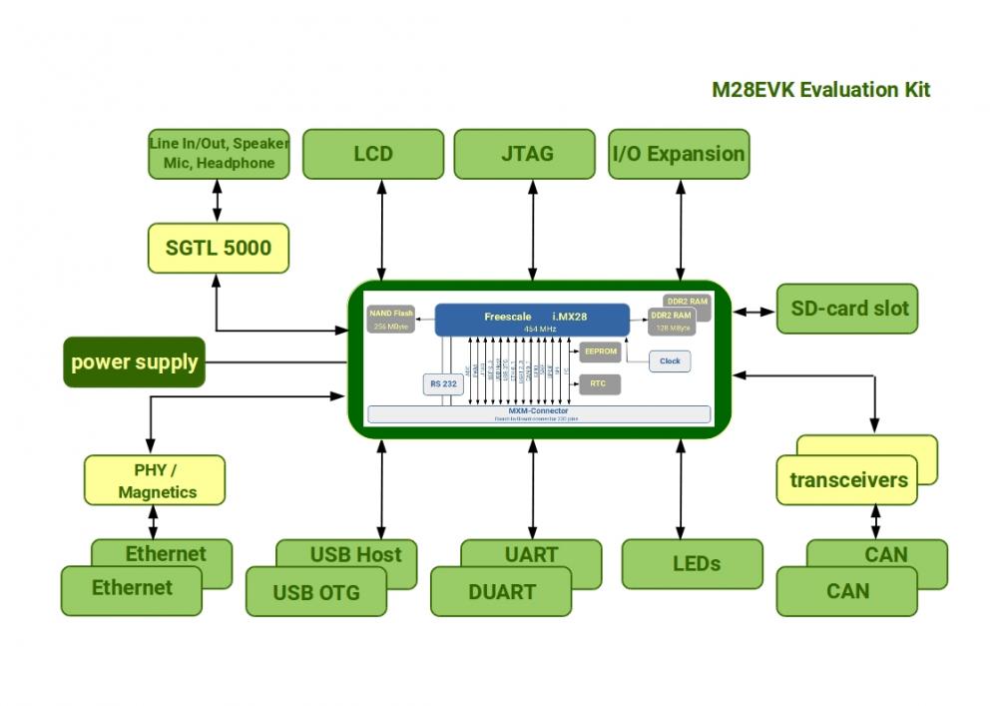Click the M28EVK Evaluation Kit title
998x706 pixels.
[x=820, y=90]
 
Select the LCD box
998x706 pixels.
[x=373, y=154]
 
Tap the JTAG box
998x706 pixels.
[x=526, y=154]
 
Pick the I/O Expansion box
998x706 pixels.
[x=679, y=154]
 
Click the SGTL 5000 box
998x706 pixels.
[x=218, y=248]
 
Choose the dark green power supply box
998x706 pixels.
[x=134, y=361]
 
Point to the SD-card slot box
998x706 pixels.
[x=848, y=309]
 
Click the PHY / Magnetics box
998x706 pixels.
[x=155, y=480]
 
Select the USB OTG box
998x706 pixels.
[x=315, y=593]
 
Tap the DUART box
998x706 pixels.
[x=501, y=592]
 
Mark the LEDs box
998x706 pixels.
[x=693, y=564]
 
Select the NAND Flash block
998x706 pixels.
[x=391, y=320]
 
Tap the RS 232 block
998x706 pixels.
[x=443, y=383]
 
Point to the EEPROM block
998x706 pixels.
[x=600, y=353]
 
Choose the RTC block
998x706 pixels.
[x=600, y=383]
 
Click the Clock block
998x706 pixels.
[x=670, y=361]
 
